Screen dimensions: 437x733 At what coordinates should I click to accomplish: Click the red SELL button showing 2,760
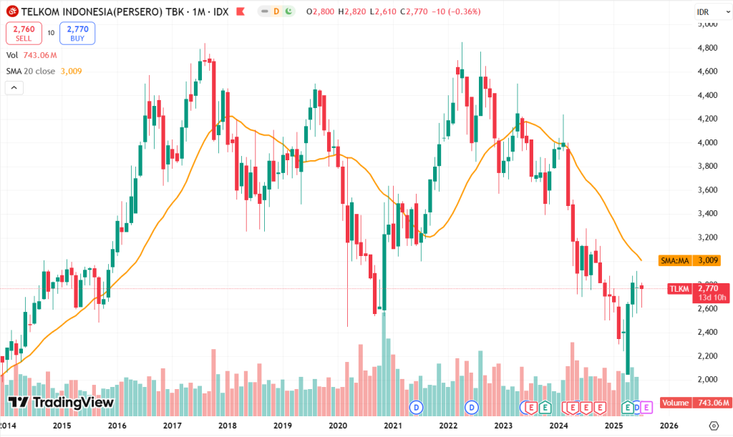(x=24, y=33)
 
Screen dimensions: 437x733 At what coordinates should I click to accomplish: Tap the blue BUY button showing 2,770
(x=77, y=33)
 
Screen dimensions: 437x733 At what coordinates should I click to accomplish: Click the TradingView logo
(x=61, y=402)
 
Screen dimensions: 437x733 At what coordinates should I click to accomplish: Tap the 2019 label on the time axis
(x=283, y=425)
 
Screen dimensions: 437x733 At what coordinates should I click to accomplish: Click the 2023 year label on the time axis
(x=503, y=425)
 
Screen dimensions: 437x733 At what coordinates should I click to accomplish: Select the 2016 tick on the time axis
(x=117, y=425)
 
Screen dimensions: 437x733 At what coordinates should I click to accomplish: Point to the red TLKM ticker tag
(x=679, y=289)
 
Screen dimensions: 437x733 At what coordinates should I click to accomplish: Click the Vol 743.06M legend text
(x=31, y=55)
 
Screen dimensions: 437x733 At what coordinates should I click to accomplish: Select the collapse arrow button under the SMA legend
(x=14, y=88)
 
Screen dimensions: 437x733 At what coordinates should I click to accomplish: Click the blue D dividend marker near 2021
(x=416, y=407)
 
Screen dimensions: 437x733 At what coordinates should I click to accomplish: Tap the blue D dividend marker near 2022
(x=472, y=407)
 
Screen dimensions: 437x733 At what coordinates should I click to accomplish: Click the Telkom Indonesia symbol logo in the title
(x=11, y=12)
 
